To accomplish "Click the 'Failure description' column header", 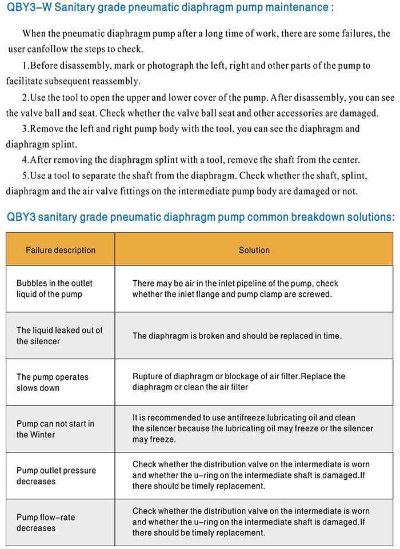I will click(61, 250).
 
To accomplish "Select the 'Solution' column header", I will click(254, 250).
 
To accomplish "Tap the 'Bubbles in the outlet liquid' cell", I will click(54, 289).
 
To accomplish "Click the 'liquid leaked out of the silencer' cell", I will click(59, 336).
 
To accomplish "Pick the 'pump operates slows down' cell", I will click(53, 383).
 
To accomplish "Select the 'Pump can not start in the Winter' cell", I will click(55, 429).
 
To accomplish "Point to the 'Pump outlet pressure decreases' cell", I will click(56, 476).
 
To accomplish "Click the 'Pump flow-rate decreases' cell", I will click(46, 523).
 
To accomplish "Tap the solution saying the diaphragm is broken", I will click(237, 336).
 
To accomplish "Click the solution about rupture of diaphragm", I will click(239, 382).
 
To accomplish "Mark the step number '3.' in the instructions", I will click(26, 129).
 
